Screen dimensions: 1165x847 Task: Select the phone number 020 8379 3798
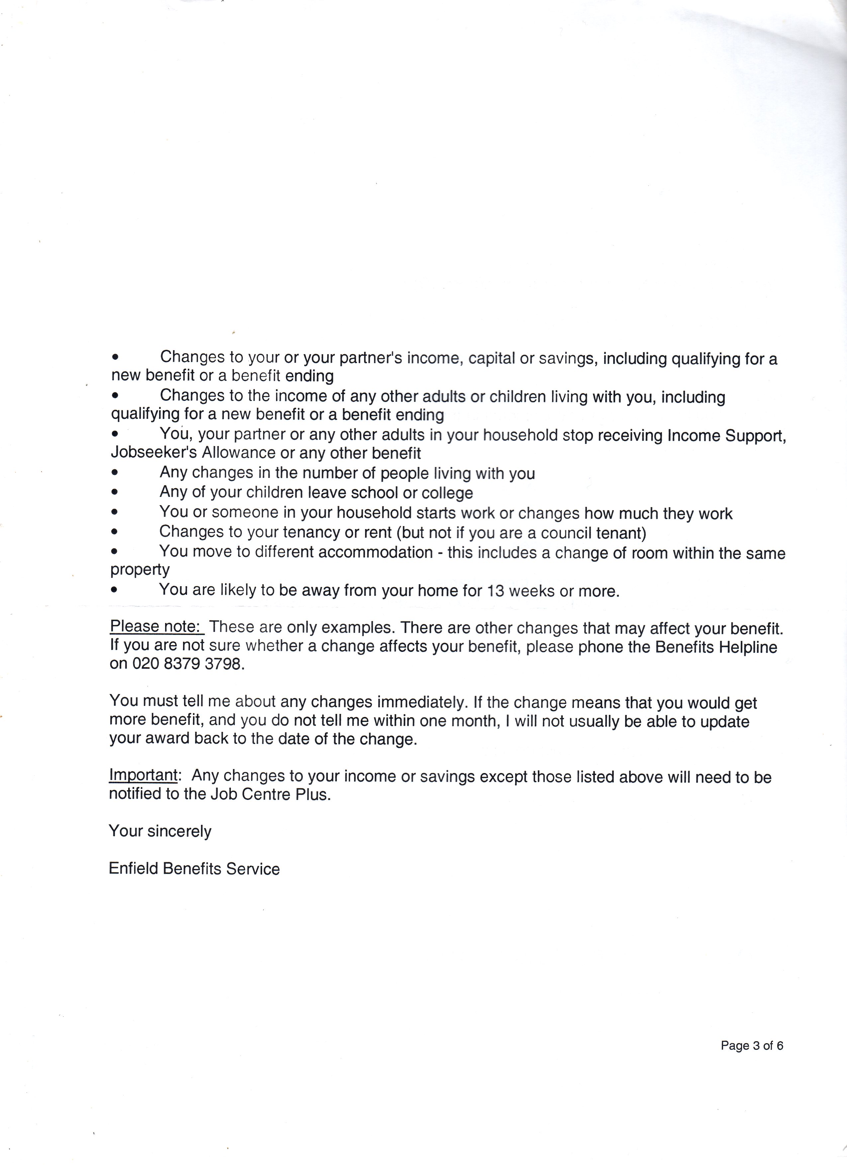tap(186, 664)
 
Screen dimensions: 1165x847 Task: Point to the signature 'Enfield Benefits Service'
tap(194, 869)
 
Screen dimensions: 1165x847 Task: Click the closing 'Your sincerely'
tap(160, 831)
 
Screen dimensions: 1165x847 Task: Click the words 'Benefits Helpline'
tap(716, 647)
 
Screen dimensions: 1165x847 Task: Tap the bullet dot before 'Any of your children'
tap(115, 492)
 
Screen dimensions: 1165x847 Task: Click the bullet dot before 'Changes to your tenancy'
tap(115, 532)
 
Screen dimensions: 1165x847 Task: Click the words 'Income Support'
tap(726, 435)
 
